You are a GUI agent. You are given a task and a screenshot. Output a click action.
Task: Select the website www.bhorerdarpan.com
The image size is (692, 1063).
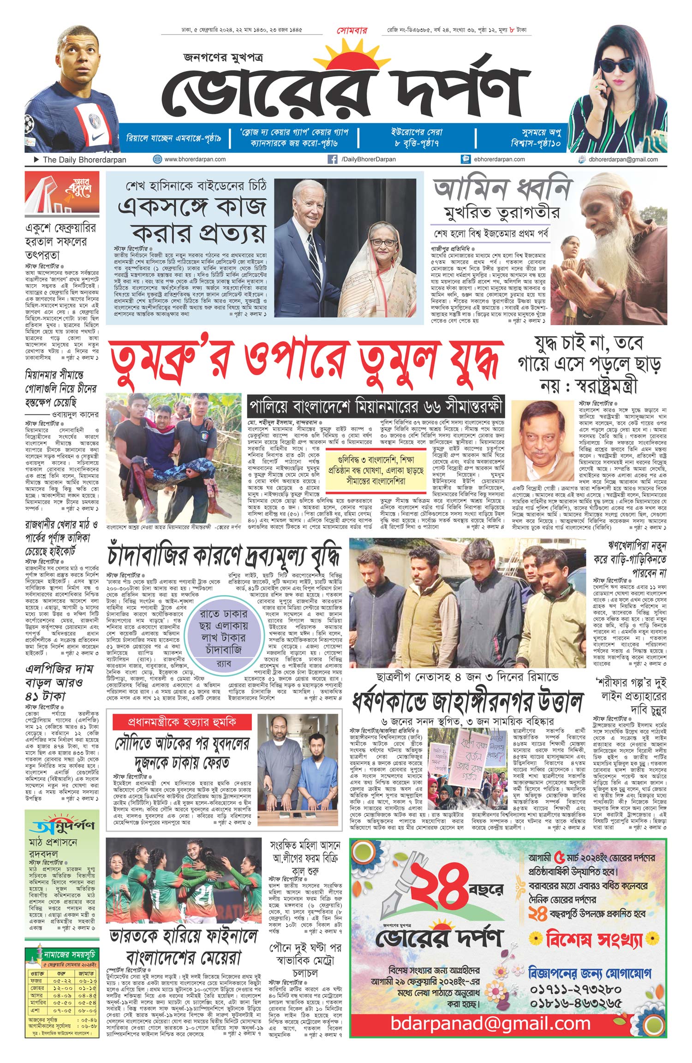pyautogui.click(x=195, y=159)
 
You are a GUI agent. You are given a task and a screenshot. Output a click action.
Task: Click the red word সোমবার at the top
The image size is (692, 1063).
pyautogui.click(x=352, y=31)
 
